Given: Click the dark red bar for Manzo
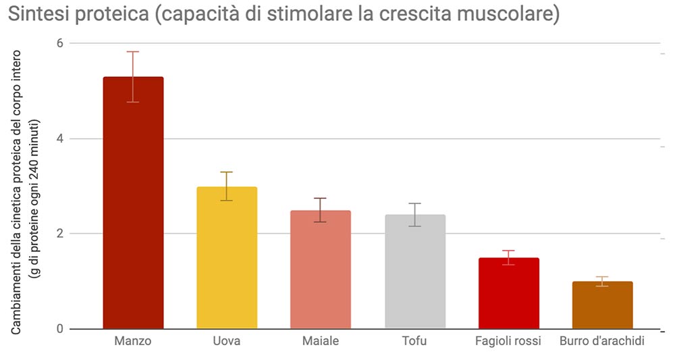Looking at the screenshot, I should coord(133,203).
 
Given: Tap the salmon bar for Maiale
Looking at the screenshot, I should coord(321,269).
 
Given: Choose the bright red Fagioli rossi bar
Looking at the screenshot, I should coord(509,293).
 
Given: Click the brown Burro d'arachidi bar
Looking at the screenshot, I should coord(602,305).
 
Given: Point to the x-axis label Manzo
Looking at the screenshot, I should coord(133,341).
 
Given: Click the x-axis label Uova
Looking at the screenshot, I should coord(227,341).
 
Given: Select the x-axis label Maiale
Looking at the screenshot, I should coord(321,341).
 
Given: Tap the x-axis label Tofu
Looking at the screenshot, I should coord(414,341).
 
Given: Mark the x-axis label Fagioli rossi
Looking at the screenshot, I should coord(508,341).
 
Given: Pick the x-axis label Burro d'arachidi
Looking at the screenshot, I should coord(602,341).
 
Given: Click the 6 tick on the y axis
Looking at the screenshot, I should coord(59,43).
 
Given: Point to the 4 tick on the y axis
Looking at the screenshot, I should coord(59,138).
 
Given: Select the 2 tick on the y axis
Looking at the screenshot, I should coord(59,234).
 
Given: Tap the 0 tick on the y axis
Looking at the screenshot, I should coord(59,329).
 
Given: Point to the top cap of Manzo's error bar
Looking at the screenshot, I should coord(133,52).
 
